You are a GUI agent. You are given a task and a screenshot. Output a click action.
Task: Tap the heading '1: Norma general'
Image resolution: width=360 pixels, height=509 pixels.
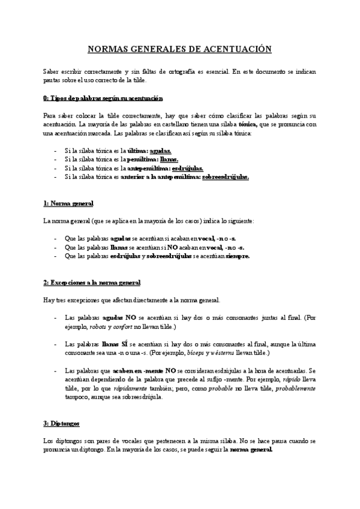(x=68, y=204)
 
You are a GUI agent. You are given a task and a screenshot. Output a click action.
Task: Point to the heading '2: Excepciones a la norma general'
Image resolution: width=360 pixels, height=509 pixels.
(x=92, y=283)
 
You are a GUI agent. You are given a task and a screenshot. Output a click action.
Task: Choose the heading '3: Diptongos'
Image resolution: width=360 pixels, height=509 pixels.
(x=62, y=424)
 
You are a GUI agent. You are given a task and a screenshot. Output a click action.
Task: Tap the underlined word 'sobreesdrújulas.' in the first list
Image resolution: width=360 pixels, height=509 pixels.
(x=226, y=177)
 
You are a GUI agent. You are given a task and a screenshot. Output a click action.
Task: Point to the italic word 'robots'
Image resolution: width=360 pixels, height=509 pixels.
(x=100, y=327)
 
